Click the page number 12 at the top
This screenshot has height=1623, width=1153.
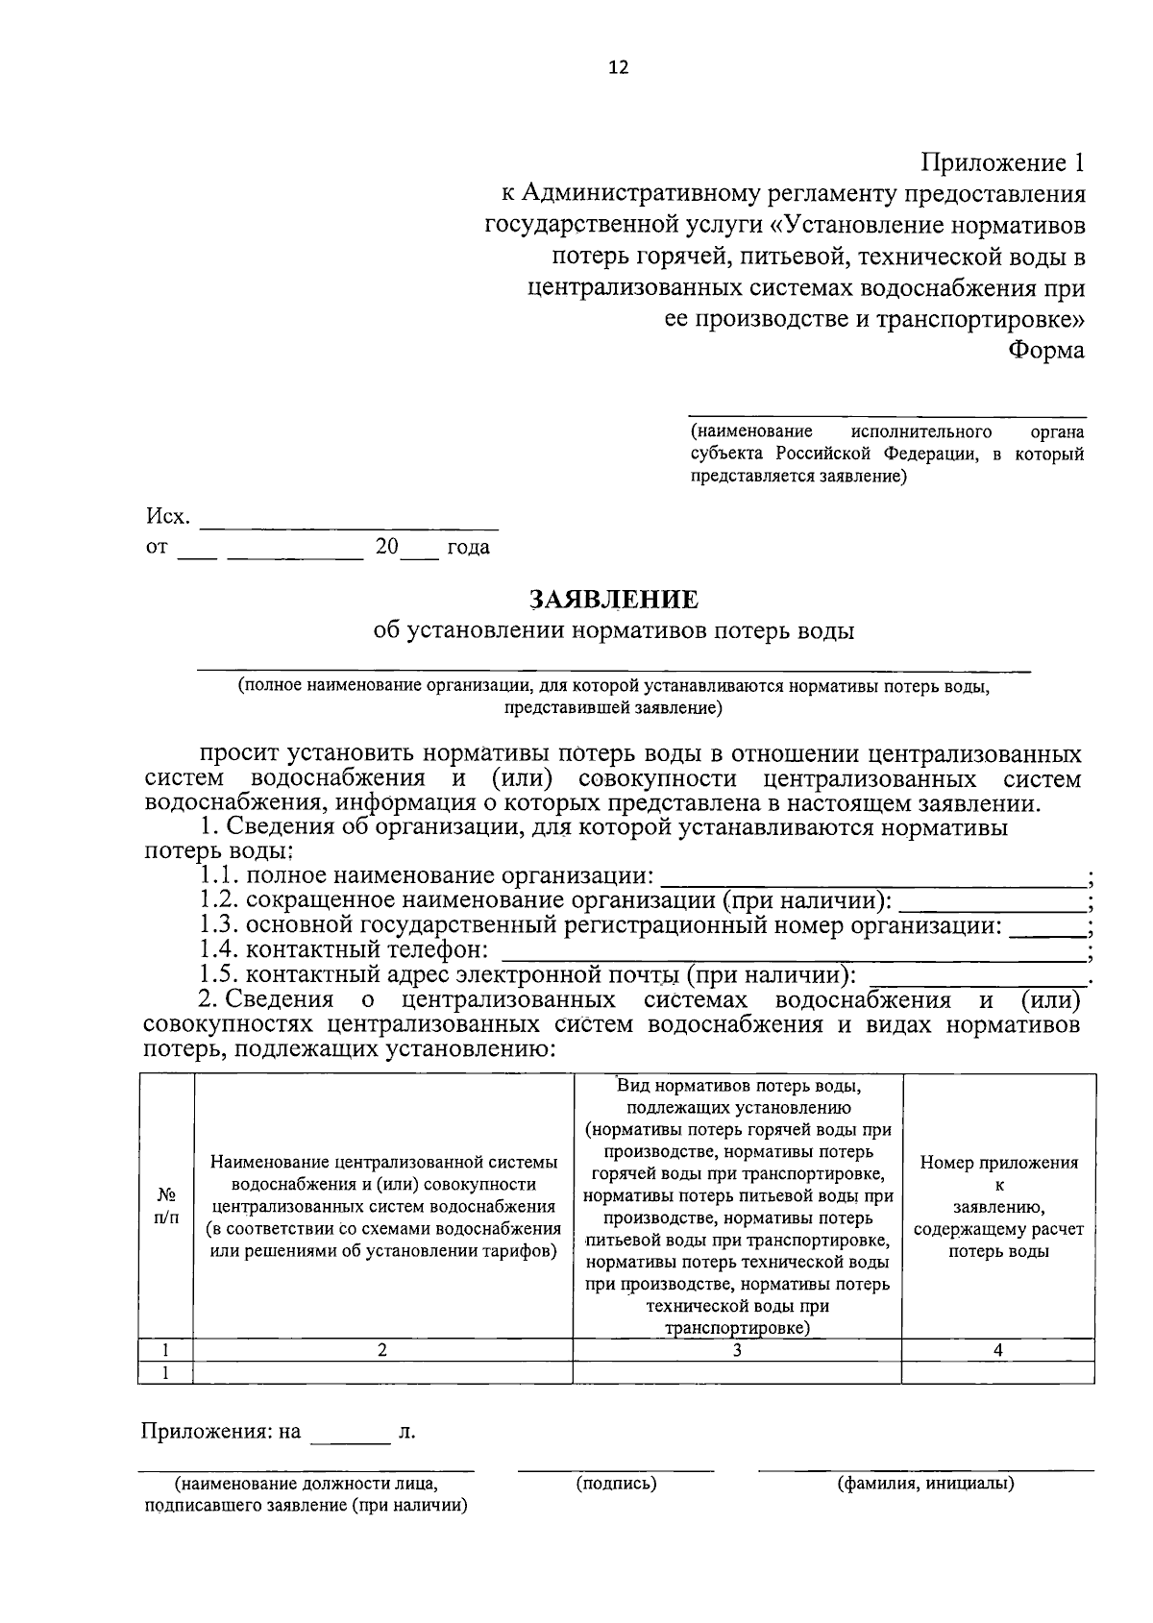[618, 67]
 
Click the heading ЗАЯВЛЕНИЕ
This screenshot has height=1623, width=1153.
[614, 601]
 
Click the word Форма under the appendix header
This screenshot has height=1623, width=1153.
[1045, 351]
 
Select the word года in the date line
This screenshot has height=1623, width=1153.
[468, 548]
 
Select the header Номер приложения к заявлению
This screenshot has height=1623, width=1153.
[998, 1206]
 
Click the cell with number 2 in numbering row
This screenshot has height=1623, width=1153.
[382, 1350]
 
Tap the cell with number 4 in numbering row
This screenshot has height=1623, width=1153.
[998, 1350]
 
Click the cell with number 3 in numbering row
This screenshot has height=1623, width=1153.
[737, 1350]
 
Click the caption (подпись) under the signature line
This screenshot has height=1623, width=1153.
[616, 1484]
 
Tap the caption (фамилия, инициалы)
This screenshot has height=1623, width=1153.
[925, 1484]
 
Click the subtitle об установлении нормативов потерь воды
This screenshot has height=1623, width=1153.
[614, 631]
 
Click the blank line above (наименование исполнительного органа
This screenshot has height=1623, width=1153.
[887, 413]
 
